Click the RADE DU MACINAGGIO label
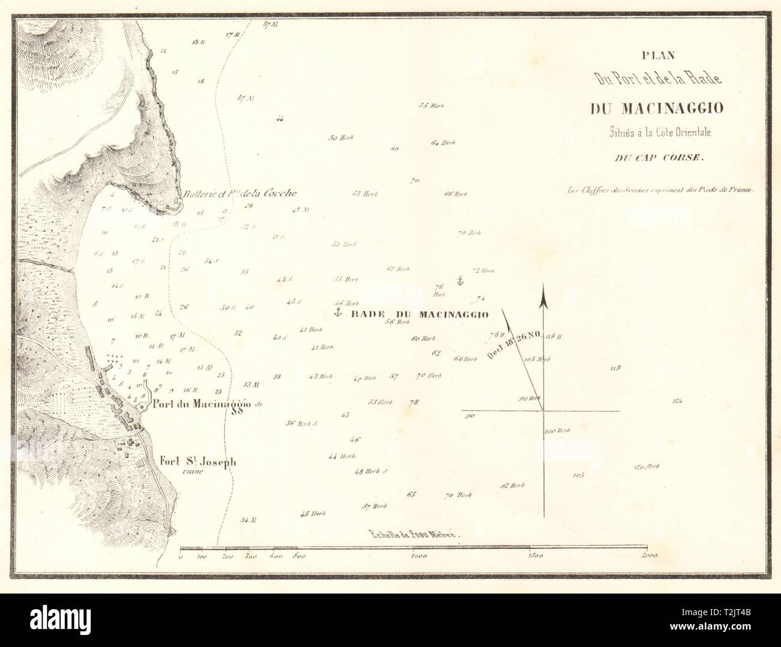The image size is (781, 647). click(x=418, y=314)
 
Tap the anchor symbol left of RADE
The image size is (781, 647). click(x=338, y=312)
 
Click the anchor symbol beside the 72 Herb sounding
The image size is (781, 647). click(x=459, y=280)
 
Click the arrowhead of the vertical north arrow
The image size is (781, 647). click(x=544, y=295)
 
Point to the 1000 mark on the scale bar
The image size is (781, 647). click(x=418, y=557)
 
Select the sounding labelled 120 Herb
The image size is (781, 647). click(x=648, y=467)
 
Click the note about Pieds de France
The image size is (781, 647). click(x=660, y=189)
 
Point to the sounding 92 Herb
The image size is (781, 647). click(x=512, y=485)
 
